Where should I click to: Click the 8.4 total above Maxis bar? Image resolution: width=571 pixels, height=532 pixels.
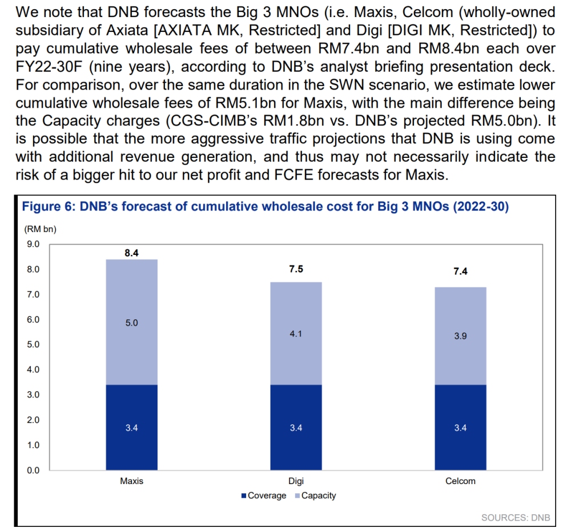click(x=131, y=253)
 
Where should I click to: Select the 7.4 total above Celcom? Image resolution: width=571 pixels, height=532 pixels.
click(x=460, y=272)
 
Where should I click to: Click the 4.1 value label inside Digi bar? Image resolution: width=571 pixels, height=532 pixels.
click(x=296, y=334)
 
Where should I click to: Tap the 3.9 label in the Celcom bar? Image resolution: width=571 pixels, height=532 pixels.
click(x=460, y=336)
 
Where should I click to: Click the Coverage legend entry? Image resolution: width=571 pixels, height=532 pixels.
click(x=263, y=496)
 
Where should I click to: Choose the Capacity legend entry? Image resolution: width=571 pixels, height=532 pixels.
click(x=315, y=496)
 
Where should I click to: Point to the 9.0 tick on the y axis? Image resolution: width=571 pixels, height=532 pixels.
click(x=33, y=244)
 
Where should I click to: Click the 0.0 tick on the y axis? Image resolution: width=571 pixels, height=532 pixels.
click(x=33, y=470)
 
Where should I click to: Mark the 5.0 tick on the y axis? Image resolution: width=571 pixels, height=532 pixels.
click(x=33, y=344)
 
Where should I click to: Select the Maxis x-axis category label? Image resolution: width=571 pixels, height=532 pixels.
click(x=131, y=481)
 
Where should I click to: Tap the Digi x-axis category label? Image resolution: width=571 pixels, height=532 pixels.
click(x=296, y=481)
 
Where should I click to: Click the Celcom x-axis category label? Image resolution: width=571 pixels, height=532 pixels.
click(x=460, y=481)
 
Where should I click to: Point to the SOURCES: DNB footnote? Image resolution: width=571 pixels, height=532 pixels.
click(x=516, y=518)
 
